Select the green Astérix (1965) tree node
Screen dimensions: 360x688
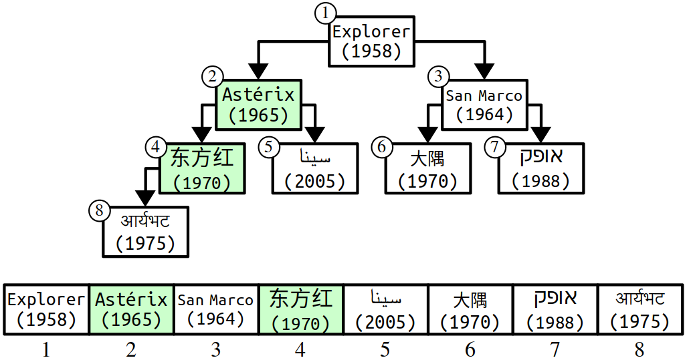pyautogui.click(x=258, y=104)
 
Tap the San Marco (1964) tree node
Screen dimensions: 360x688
pyautogui.click(x=484, y=104)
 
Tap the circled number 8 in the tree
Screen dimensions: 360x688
pyautogui.click(x=97, y=210)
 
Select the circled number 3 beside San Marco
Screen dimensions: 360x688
pyautogui.click(x=437, y=77)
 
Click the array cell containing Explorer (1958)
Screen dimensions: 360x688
pyautogui.click(x=47, y=309)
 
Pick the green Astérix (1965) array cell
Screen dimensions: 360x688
pyautogui.click(x=132, y=309)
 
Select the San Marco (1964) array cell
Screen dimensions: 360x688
pyautogui.click(x=216, y=309)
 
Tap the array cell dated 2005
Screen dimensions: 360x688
pyautogui.click(x=386, y=309)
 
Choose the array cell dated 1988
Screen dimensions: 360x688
pyautogui.click(x=555, y=309)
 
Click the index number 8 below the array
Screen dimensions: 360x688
pyautogui.click(x=640, y=349)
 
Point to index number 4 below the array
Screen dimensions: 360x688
pyautogui.click(x=301, y=349)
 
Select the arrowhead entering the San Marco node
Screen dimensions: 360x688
pyautogui.click(x=484, y=74)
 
